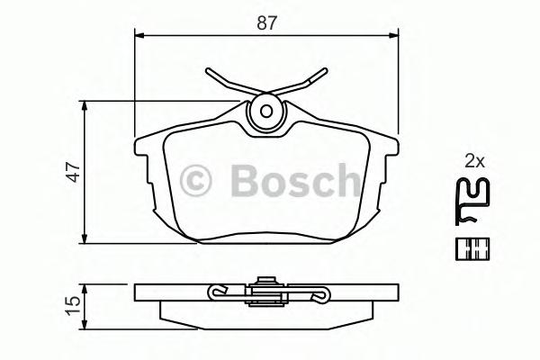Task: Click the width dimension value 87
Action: point(266,24)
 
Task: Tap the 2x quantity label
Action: point(474,162)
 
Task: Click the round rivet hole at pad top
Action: point(265,112)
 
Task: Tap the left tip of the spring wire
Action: point(207,72)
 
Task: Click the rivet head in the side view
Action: point(265,283)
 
